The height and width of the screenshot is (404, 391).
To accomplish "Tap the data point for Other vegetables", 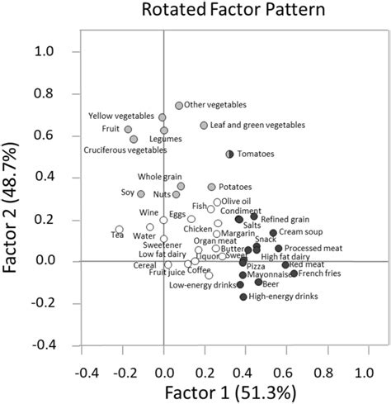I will [179, 106].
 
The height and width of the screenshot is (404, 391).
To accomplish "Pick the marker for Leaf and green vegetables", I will [204, 126].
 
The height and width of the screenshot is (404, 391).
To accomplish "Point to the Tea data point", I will [120, 230].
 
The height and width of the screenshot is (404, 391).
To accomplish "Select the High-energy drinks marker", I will [243, 297].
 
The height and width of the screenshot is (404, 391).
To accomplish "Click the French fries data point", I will [294, 273].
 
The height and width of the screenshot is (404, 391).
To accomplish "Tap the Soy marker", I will [141, 194].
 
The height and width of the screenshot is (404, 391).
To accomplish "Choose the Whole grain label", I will [156, 177].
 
